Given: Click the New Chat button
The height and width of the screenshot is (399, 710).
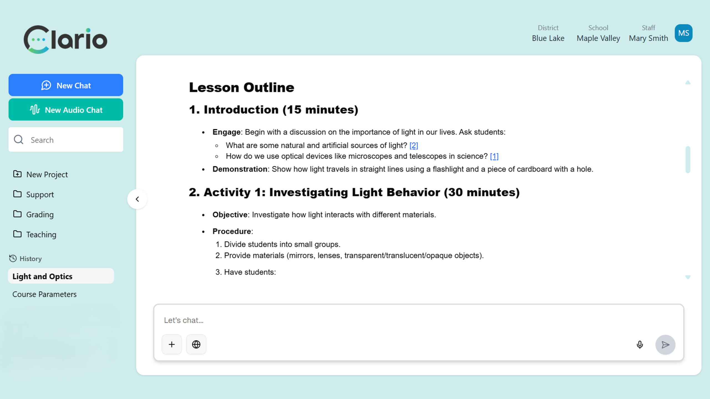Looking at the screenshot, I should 66,85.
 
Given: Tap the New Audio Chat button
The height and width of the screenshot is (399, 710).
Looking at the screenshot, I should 66,110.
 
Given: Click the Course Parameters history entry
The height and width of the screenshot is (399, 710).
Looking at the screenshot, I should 44,294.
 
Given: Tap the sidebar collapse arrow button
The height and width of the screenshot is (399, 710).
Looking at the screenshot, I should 137,199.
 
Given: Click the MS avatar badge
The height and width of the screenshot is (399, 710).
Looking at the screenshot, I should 683,33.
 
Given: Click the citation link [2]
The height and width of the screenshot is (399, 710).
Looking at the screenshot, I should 414,145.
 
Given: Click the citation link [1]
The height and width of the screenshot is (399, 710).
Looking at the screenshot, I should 494,156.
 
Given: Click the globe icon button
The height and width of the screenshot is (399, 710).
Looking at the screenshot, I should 196,344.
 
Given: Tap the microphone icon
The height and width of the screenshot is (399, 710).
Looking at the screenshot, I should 640,345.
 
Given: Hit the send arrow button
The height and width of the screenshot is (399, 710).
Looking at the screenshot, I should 665,345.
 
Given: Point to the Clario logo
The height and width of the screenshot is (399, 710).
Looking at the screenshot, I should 65,39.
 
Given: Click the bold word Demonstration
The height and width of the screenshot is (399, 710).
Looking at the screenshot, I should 240,169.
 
